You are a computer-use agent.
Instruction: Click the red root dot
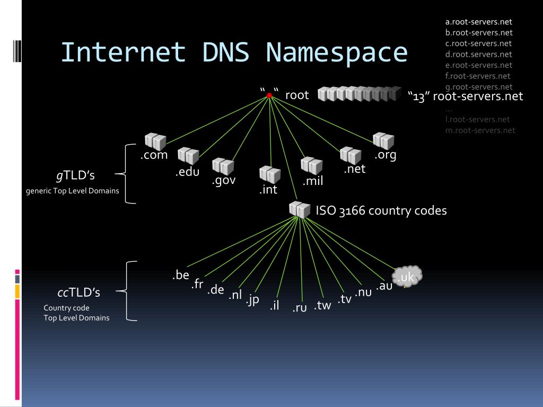(x=269, y=95)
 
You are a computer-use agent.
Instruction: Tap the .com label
(x=154, y=155)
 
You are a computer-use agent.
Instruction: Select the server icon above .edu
(x=188, y=156)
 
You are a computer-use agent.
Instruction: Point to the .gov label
(x=223, y=180)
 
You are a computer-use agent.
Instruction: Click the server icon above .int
(x=270, y=175)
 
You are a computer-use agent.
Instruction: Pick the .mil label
(x=313, y=181)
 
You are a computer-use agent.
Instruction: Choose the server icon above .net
(x=351, y=155)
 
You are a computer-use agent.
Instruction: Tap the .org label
(x=386, y=155)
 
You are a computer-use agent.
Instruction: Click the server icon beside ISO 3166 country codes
(x=300, y=210)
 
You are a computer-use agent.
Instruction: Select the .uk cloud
(x=407, y=277)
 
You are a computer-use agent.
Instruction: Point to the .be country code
(x=181, y=275)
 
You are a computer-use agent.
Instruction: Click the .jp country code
(x=252, y=299)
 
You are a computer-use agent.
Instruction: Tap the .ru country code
(x=300, y=307)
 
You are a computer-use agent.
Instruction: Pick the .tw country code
(x=322, y=305)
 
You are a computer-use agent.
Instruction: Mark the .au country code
(x=384, y=286)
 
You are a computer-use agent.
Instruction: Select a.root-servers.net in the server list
(x=478, y=22)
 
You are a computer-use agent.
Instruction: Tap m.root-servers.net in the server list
(x=480, y=130)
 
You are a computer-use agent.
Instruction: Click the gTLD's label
(x=75, y=175)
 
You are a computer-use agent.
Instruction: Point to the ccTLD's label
(x=78, y=293)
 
